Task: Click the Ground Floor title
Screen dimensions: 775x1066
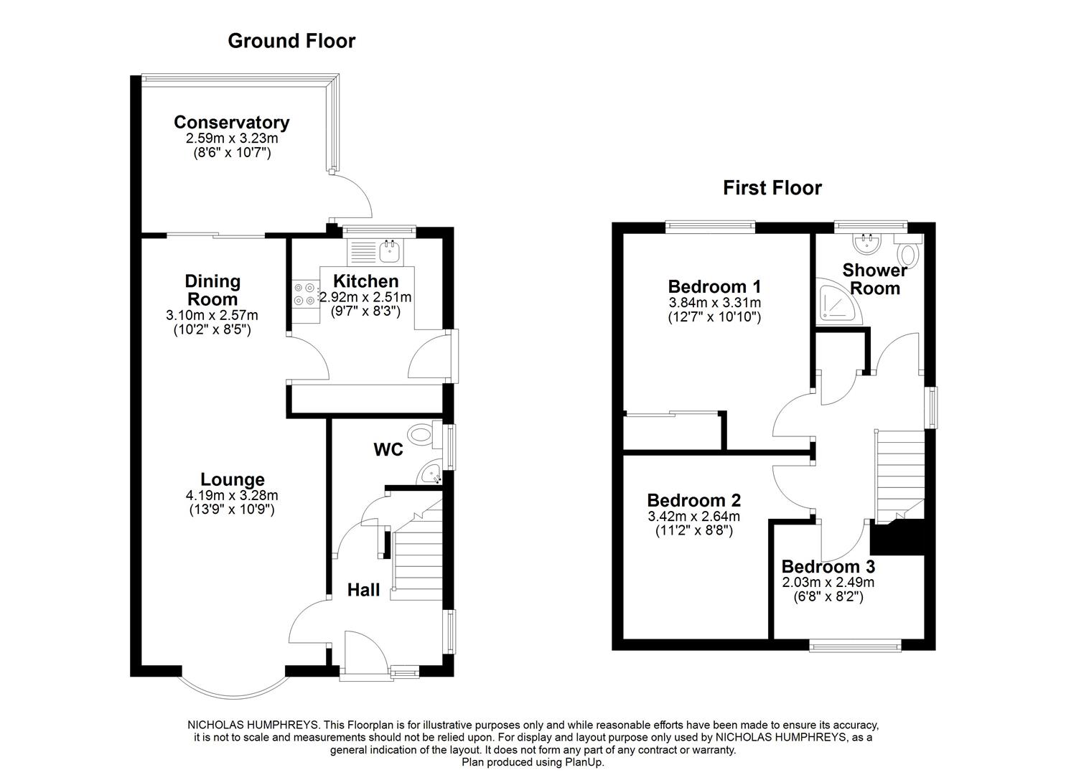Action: (x=291, y=41)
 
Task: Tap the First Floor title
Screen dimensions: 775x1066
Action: (x=772, y=188)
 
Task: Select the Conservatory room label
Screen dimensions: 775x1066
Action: (x=231, y=123)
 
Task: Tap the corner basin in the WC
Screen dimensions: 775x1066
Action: (x=431, y=474)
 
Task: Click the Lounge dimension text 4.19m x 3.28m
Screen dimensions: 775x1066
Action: (x=232, y=495)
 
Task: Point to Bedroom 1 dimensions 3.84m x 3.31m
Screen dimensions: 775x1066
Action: (x=714, y=303)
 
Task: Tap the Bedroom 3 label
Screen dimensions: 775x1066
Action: (x=828, y=566)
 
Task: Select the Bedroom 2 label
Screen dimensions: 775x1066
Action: (x=693, y=500)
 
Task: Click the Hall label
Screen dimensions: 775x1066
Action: (x=363, y=590)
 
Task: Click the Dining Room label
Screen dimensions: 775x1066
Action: (x=212, y=290)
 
